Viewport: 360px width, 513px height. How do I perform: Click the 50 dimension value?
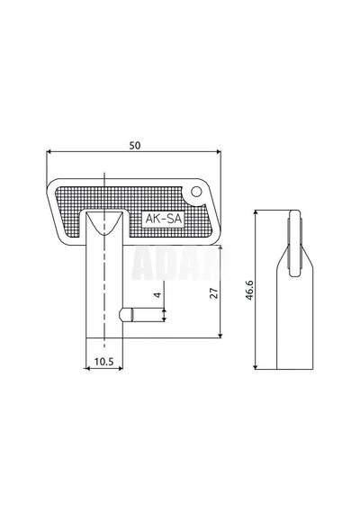135,145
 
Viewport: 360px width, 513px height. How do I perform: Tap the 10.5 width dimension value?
103,362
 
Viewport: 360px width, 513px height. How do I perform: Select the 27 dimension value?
214,293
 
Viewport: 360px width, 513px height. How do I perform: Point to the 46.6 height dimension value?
249,290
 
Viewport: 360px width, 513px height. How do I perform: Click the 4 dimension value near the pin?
158,294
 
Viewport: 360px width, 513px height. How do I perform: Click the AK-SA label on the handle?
163,219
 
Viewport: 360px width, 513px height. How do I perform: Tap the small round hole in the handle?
196,192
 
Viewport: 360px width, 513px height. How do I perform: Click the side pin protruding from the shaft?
126,315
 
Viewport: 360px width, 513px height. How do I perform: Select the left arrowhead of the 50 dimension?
49,152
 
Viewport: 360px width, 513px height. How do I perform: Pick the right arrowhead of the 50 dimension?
219,152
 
